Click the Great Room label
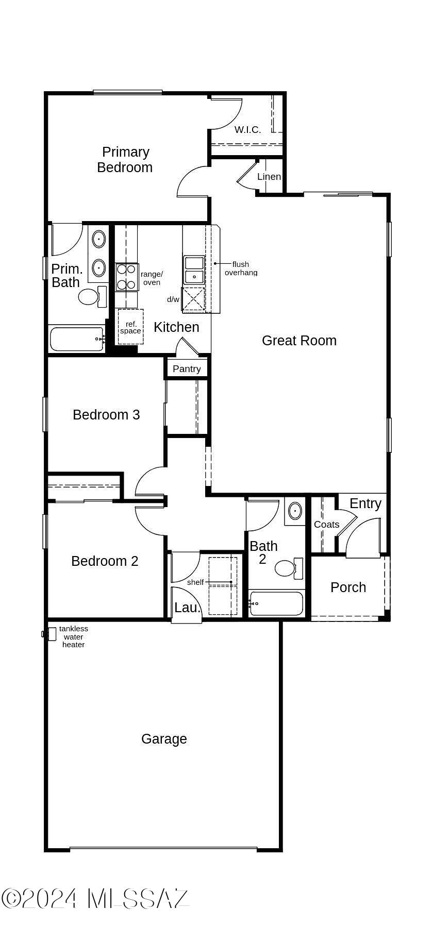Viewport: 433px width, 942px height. click(299, 341)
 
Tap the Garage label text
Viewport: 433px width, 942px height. click(164, 739)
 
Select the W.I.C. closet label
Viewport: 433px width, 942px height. click(248, 130)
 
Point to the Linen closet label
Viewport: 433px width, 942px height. click(269, 177)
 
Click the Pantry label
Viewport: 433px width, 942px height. click(187, 369)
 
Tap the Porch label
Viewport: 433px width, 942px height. click(348, 587)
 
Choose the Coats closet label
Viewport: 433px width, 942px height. click(327, 525)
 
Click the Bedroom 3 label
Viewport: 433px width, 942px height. click(106, 415)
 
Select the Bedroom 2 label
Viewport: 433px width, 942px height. click(105, 561)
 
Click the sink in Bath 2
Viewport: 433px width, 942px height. click(295, 511)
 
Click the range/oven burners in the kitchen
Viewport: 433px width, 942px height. click(126, 277)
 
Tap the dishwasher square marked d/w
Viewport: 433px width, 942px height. click(193, 300)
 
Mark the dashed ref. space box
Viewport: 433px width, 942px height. click(130, 327)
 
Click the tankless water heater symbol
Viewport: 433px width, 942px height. click(50, 634)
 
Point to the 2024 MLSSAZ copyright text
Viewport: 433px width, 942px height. click(95, 899)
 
